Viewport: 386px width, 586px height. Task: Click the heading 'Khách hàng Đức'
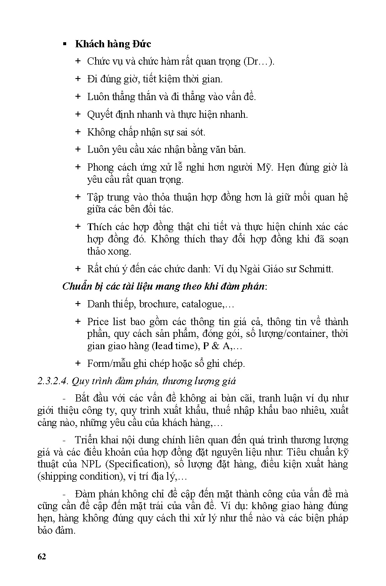pos(113,44)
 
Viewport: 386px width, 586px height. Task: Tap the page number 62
pos(42,556)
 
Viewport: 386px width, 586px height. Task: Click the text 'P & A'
pos(213,346)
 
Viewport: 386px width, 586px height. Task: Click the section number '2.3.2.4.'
pos(53,381)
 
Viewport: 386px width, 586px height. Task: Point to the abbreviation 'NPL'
pos(91,464)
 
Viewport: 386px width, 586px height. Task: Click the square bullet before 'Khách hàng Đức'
pos(65,44)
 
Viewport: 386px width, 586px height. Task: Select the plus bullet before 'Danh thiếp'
pos(78,304)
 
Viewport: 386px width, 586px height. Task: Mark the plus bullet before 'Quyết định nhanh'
pos(78,114)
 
